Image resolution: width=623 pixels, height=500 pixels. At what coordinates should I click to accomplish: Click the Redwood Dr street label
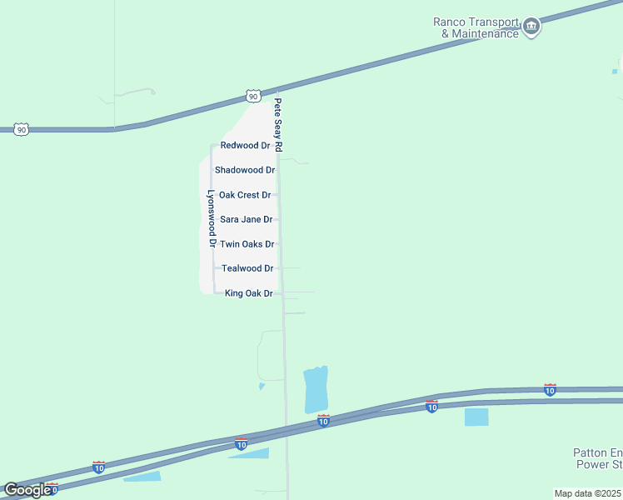coord(245,145)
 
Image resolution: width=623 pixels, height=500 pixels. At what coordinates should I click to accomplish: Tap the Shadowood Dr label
coord(245,170)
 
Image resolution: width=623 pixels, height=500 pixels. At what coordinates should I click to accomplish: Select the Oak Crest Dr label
coord(245,195)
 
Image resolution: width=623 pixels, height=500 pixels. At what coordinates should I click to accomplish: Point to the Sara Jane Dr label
coord(246,219)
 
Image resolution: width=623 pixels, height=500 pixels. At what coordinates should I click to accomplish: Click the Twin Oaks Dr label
coord(247,244)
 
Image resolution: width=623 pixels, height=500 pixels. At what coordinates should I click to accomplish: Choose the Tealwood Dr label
coord(247,268)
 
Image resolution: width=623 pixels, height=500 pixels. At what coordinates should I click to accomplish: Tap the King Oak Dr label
coord(249,293)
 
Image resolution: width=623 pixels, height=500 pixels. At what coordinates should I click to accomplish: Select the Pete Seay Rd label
coord(279,125)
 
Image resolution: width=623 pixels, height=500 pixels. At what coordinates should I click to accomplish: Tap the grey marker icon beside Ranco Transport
coord(531,27)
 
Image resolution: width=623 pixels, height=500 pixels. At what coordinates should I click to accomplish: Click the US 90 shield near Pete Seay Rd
coord(253,96)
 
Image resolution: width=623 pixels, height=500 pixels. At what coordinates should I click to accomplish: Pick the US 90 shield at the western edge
coord(22,129)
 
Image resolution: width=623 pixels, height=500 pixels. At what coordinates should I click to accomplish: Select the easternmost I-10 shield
coord(550,389)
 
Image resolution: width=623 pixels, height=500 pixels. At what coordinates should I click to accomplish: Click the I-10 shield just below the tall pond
coord(323,422)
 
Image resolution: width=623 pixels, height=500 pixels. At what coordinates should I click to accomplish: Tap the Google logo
coord(27,489)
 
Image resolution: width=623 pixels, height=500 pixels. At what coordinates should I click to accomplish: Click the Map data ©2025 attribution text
coord(587,493)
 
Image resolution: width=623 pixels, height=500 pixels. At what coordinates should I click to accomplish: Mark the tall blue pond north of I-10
coord(316,389)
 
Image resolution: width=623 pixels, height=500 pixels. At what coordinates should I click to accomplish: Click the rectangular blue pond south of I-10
coord(476,417)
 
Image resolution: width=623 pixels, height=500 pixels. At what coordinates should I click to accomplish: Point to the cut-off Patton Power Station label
coord(598,458)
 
